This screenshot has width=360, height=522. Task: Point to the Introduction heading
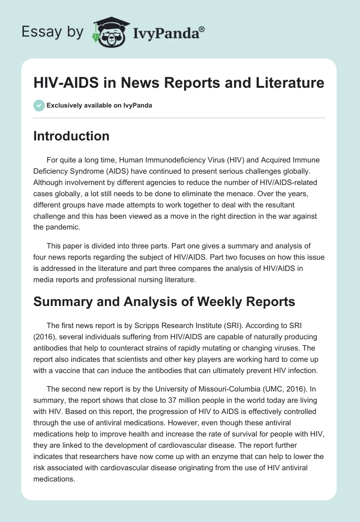click(x=71, y=136)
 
